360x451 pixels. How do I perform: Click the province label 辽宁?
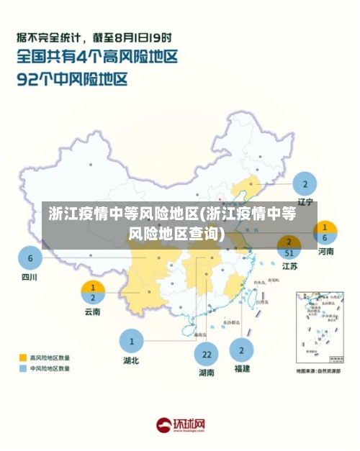tap(305, 204)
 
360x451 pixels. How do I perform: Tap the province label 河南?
tap(325, 252)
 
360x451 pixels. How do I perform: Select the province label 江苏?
tap(289, 266)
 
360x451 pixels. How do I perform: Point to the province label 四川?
tap(30, 276)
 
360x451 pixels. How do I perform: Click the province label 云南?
tap(93, 312)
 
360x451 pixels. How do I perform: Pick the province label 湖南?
tap(206, 373)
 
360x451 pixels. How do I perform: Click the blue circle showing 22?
tap(206, 354)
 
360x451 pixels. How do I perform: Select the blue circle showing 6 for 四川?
tap(30, 258)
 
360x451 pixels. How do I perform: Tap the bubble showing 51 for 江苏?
tap(289, 247)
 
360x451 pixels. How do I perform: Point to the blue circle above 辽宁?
tap(305, 183)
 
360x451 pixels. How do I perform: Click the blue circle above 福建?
tap(241, 350)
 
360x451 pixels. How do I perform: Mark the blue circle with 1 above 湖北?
tap(131, 340)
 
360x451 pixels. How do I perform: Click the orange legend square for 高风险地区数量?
tap(22, 357)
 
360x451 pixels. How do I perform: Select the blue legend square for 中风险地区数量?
tap(22, 368)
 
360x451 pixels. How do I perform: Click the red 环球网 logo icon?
tap(165, 425)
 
